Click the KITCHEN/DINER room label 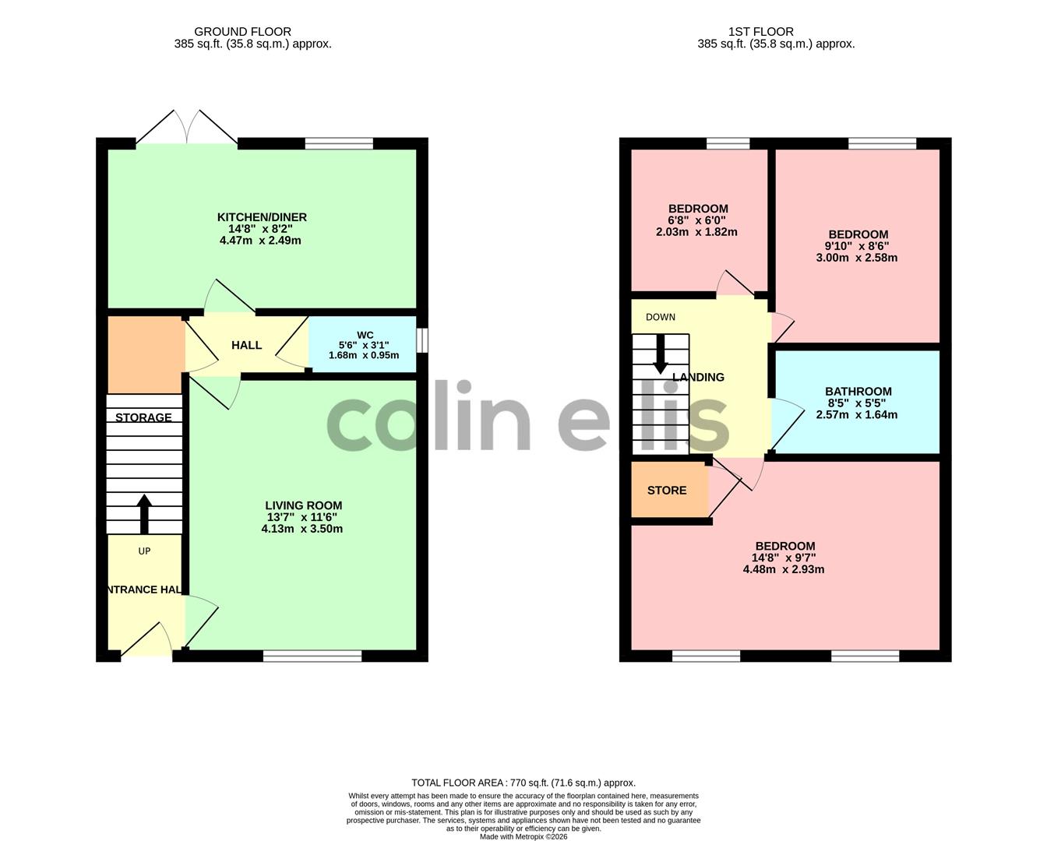pos(262,217)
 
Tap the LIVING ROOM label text pos(304,505)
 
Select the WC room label pos(365,335)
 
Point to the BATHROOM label pos(858,392)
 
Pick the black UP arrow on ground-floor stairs pos(144,514)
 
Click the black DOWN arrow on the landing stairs pos(660,354)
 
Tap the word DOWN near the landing pos(660,317)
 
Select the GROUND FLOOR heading pos(243,32)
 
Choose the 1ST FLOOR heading pos(761,32)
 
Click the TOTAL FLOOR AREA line pos(523,783)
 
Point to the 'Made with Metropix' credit pos(523,836)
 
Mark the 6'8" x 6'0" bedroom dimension pos(696,220)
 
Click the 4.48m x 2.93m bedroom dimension pos(784,569)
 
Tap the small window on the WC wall pos(422,340)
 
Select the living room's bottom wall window pos(312,656)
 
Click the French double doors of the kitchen pos(187,127)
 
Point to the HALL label pos(246,345)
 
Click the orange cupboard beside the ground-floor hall pos(146,354)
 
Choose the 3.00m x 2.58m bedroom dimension pos(856,258)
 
